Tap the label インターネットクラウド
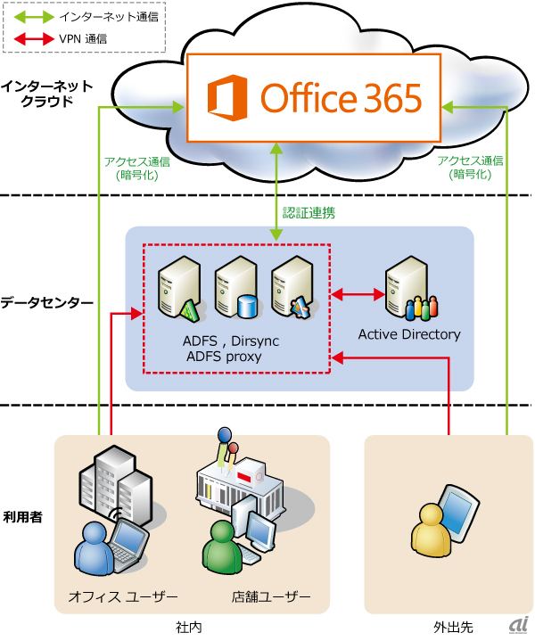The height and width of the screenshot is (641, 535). click(x=46, y=94)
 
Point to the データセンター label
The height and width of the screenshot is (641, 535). click(x=46, y=303)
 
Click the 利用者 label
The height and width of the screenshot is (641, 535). click(x=24, y=516)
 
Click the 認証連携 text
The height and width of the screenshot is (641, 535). click(x=309, y=214)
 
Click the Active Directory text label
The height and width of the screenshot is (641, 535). click(x=409, y=334)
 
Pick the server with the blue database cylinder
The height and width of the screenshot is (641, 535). click(x=237, y=287)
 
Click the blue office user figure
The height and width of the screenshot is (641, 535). click(x=94, y=549)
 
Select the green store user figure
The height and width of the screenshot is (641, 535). click(x=220, y=548)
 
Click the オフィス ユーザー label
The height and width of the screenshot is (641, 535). click(x=123, y=596)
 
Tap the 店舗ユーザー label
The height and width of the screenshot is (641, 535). click(x=272, y=596)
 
